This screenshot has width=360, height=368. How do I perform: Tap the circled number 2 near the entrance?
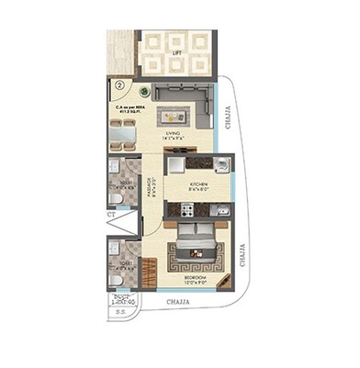pos(119,86)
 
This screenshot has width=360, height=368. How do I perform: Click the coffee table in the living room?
pos(174,116)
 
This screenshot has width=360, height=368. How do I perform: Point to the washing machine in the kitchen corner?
pos(222,211)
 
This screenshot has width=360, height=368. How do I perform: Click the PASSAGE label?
pos(152,190)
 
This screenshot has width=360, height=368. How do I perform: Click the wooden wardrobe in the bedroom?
pos(197,210)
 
